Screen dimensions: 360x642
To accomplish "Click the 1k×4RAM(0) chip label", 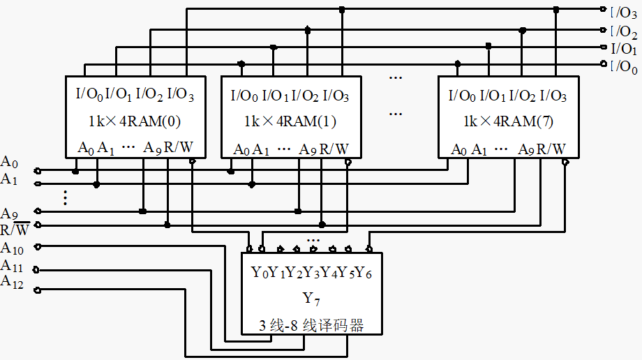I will point(135,121).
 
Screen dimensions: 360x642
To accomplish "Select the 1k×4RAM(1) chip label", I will point(290,121).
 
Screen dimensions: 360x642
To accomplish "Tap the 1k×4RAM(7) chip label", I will point(508,121).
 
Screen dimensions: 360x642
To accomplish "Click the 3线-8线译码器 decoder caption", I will point(312,325).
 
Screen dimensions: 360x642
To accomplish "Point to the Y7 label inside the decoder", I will point(311,299).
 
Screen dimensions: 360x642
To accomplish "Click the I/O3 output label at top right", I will point(624,13).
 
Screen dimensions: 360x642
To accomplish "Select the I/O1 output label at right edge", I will point(624,49).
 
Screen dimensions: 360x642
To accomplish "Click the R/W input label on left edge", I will point(15,229).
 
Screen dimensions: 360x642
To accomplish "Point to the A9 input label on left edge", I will point(9,213).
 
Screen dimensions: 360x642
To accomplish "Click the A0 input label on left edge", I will point(9,162).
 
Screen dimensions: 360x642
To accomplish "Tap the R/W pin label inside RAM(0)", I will point(179,147).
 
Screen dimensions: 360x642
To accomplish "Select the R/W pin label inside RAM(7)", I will point(551,149).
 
